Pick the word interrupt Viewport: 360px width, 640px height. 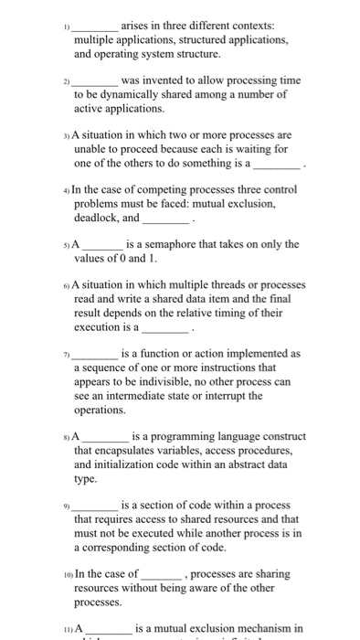pos(260,396)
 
